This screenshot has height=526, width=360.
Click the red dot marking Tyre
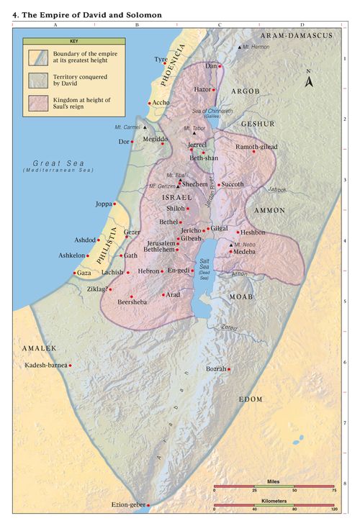[x=170, y=64]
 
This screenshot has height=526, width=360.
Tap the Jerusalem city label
[x=161, y=243]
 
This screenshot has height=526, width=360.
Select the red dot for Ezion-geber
[x=148, y=505]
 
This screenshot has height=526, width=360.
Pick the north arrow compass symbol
[x=309, y=80]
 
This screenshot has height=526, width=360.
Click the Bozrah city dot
[x=229, y=370]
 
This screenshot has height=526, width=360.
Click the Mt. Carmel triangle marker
[x=145, y=127]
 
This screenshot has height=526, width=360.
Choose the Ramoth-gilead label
[x=255, y=147]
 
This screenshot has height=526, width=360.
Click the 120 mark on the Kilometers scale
[x=334, y=509]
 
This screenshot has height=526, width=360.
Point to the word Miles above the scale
[x=273, y=479]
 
